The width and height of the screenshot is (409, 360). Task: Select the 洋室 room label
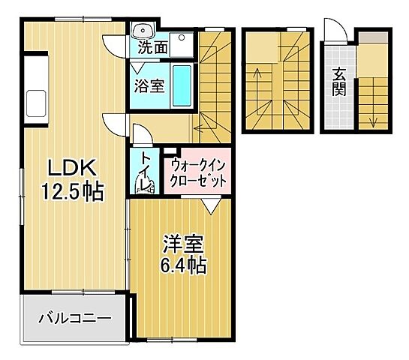pyautogui.click(x=182, y=243)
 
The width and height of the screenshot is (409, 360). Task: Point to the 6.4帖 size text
pyautogui.click(x=182, y=265)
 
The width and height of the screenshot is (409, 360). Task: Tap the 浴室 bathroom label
pyautogui.click(x=149, y=85)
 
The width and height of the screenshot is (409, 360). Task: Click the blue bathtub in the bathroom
pyautogui.click(x=182, y=85)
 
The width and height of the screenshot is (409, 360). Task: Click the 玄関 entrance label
pyautogui.click(x=338, y=83)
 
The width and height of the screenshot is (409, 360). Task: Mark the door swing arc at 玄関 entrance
pyautogui.click(x=335, y=30)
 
